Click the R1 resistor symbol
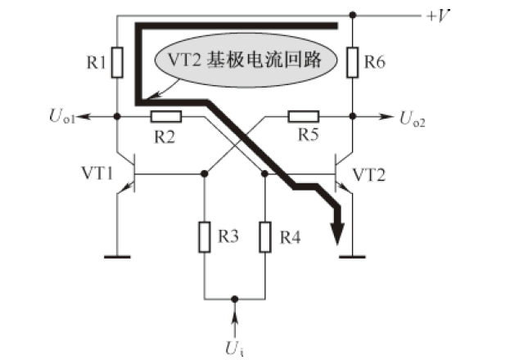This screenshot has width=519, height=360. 118,61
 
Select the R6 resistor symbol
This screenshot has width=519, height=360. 352,61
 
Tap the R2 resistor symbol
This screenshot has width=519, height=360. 167,117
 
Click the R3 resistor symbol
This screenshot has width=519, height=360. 205,237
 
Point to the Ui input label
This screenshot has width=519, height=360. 236,346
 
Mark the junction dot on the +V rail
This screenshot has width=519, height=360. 352,14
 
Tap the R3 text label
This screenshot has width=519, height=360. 228,238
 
